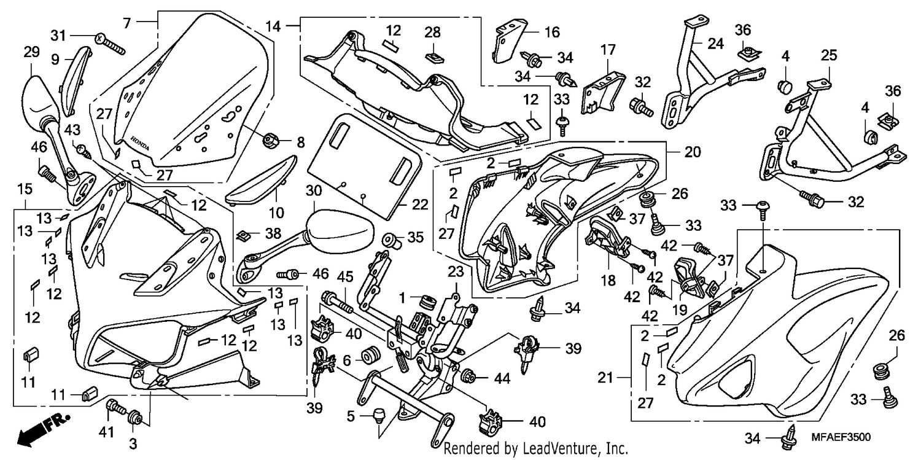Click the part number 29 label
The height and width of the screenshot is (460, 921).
click(x=32, y=52)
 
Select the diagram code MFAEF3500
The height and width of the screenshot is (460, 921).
click(x=841, y=437)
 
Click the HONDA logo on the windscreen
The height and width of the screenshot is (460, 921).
click(x=140, y=142)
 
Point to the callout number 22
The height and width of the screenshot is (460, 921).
click(x=420, y=205)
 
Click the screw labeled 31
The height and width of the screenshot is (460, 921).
click(x=111, y=44)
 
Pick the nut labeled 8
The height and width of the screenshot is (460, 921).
click(x=270, y=141)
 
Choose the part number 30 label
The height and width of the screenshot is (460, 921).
click(x=314, y=191)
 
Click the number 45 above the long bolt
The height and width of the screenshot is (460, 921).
click(x=345, y=276)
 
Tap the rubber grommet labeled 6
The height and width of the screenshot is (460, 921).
click(x=370, y=356)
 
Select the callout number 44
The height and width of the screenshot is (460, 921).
click(x=502, y=378)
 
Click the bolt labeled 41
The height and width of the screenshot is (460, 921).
click(x=117, y=408)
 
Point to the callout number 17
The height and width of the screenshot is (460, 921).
click(x=608, y=50)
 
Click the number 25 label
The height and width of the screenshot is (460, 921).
click(x=829, y=55)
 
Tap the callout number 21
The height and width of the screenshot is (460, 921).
click(x=605, y=377)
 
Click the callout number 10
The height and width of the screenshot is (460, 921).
click(x=276, y=212)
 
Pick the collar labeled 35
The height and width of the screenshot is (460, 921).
click(x=392, y=241)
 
